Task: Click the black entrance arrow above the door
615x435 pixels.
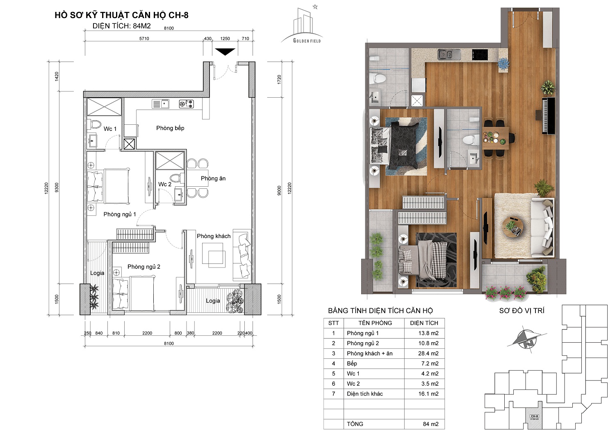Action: [225, 52]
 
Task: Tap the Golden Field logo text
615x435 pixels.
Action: [307, 41]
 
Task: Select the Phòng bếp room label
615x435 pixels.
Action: [170, 128]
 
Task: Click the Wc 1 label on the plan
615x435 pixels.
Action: [110, 129]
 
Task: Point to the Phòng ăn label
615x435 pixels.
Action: [213, 179]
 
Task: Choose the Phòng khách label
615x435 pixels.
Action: [214, 236]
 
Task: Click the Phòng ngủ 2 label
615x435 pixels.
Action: [144, 267]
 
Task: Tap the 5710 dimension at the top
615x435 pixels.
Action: [144, 39]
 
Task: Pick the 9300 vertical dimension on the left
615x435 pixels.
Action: [57, 188]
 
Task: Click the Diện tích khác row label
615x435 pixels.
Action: [364, 394]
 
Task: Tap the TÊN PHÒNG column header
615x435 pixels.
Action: [375, 323]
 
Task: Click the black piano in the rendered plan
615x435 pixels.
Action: [546, 115]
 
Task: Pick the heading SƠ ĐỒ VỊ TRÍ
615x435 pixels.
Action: [522, 311]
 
